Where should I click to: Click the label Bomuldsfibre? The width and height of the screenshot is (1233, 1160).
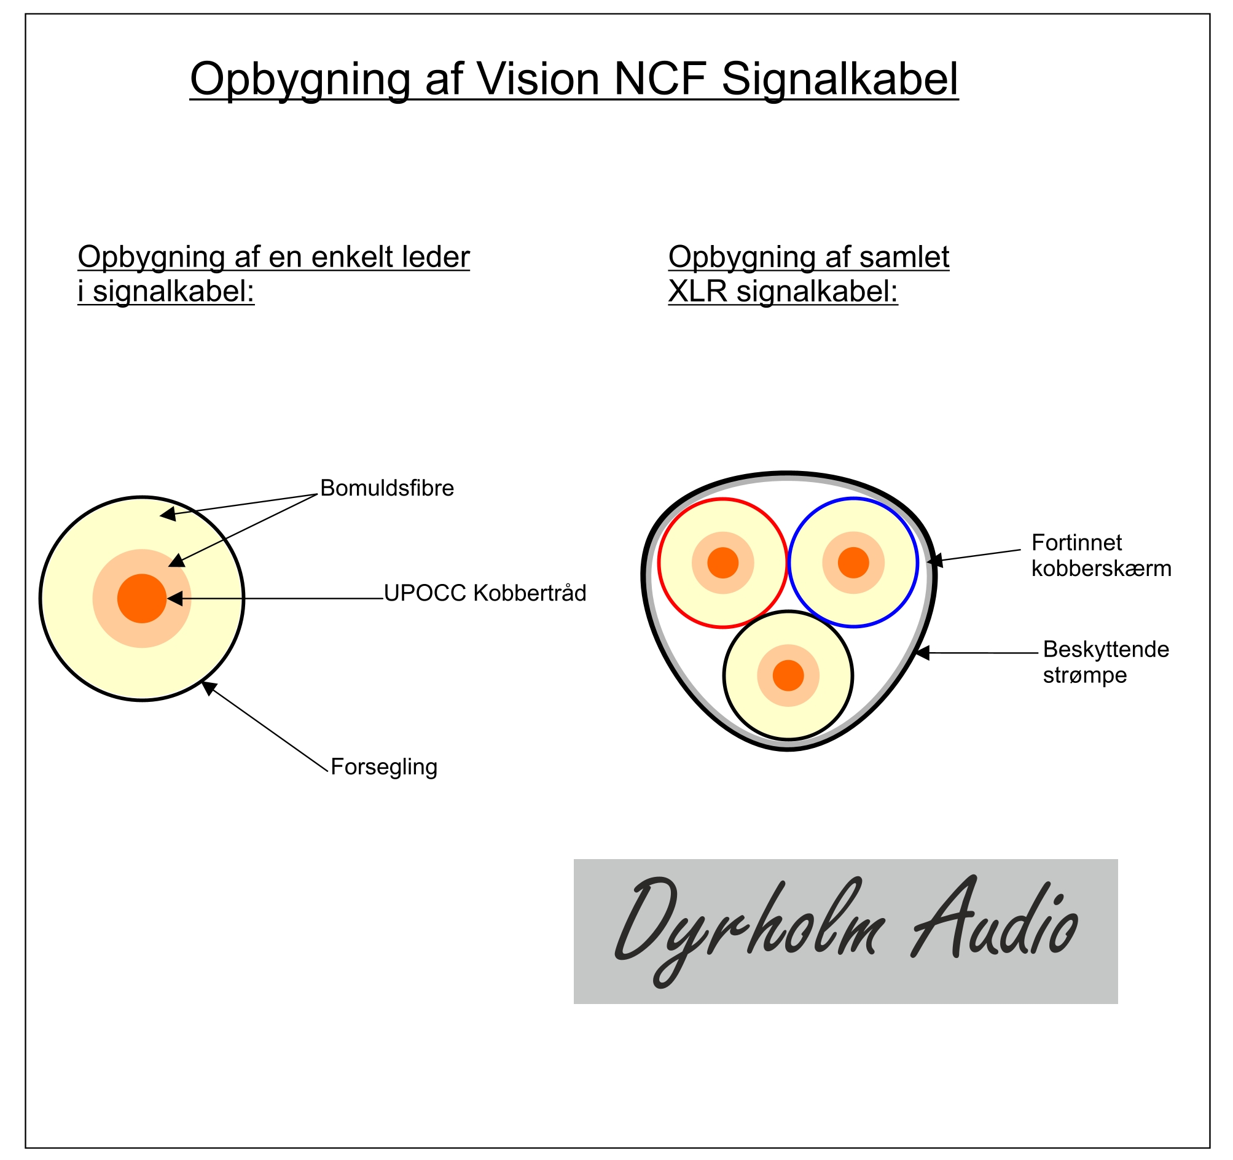pyautogui.click(x=387, y=489)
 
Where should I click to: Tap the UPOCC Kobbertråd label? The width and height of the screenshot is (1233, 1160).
pyautogui.click(x=485, y=593)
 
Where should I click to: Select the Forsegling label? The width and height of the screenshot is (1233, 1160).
pyautogui.click(x=384, y=767)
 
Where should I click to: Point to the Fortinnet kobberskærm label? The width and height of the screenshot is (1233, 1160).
pyautogui.click(x=1101, y=556)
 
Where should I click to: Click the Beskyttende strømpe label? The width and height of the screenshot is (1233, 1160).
pyautogui.click(x=1105, y=662)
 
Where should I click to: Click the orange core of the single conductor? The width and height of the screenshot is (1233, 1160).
pyautogui.click(x=142, y=598)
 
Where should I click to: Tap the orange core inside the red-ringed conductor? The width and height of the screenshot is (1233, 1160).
pyautogui.click(x=722, y=562)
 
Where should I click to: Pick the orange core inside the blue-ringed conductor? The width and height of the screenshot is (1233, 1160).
pyautogui.click(x=853, y=562)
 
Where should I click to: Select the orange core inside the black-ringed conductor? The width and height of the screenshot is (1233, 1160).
pyautogui.click(x=788, y=675)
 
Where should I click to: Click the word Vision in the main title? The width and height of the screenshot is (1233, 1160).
pyautogui.click(x=537, y=79)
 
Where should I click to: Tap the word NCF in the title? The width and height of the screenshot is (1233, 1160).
pyautogui.click(x=660, y=79)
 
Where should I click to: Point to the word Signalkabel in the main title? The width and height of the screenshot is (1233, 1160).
pyautogui.click(x=840, y=79)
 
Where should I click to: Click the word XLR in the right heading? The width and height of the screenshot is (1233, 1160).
pyautogui.click(x=697, y=291)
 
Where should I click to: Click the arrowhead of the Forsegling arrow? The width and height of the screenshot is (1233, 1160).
pyautogui.click(x=208, y=686)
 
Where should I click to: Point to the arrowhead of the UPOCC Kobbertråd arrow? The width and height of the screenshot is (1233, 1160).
pyautogui.click(x=174, y=598)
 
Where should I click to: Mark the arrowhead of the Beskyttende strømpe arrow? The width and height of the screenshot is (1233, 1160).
pyautogui.click(x=922, y=653)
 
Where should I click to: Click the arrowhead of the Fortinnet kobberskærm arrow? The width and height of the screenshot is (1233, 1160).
pyautogui.click(x=934, y=561)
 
